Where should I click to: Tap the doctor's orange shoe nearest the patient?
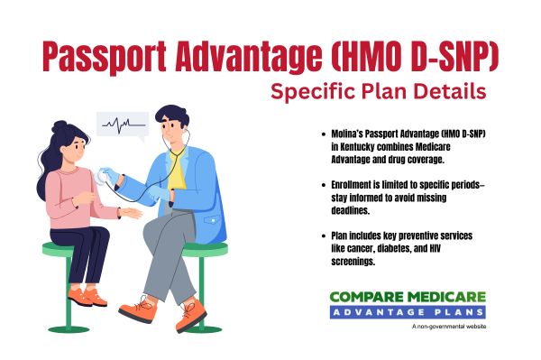click(x=137, y=309)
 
